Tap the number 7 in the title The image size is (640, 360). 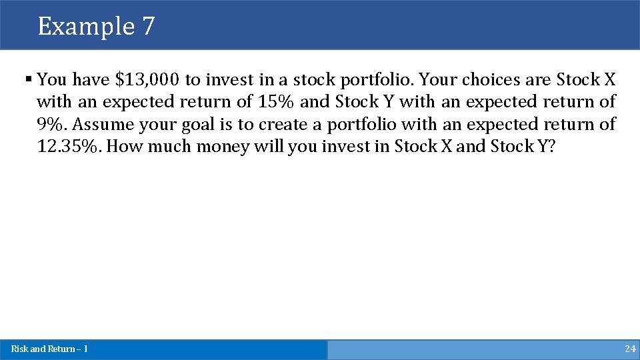148,27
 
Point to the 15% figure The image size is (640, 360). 277,102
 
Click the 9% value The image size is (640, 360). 52,124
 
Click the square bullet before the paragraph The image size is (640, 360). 29,79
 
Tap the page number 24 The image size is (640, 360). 630,349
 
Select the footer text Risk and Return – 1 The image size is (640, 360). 49,349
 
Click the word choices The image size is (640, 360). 481,80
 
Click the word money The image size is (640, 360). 223,146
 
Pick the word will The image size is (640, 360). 269,146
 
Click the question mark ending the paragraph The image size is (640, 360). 551,146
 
